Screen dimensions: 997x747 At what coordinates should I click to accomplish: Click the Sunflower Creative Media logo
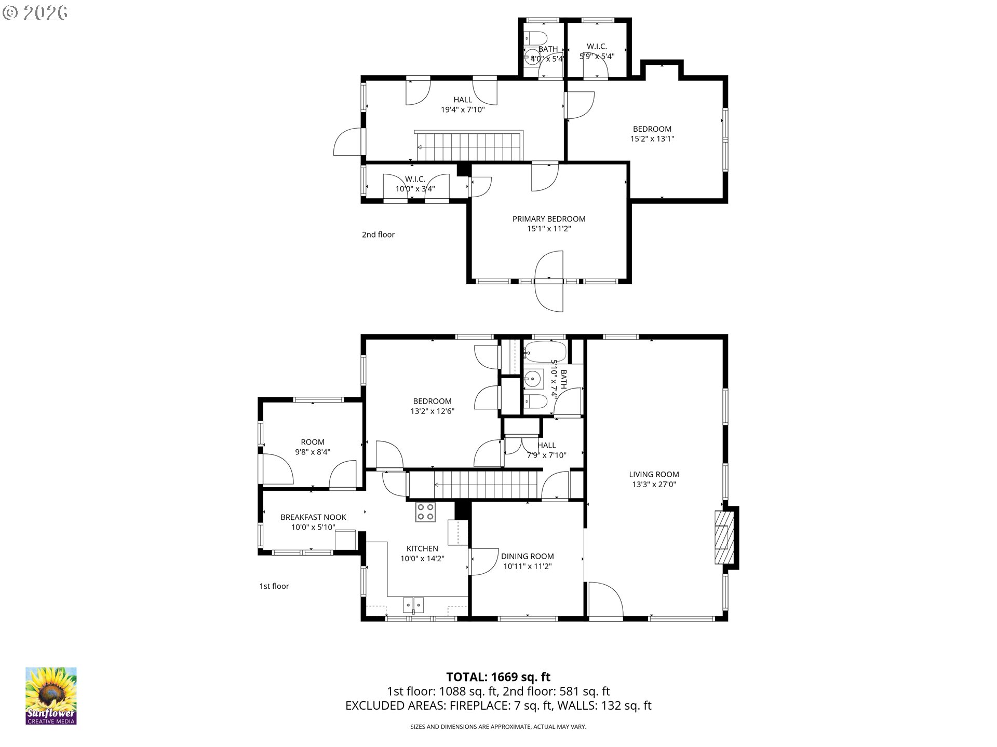click(51, 696)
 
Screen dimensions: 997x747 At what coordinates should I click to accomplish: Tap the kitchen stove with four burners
click(426, 513)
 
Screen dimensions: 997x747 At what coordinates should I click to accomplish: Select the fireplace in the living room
click(725, 537)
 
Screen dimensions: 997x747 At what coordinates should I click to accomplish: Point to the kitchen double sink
click(413, 604)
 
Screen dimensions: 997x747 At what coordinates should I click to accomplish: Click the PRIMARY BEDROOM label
click(549, 219)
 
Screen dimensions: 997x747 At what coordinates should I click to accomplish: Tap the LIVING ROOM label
click(654, 474)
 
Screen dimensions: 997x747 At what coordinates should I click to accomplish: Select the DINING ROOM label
click(527, 556)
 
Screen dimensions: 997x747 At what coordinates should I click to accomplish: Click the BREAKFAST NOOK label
click(313, 517)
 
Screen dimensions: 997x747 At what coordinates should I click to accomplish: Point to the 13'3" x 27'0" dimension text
click(654, 485)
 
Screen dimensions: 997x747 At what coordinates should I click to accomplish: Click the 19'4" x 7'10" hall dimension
click(463, 109)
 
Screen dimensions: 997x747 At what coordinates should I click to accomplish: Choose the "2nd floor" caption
click(378, 234)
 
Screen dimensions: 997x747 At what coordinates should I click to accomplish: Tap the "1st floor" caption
click(274, 586)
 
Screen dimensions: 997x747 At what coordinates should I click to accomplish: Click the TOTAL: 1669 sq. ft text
click(498, 677)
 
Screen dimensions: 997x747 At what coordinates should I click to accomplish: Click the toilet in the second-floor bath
click(536, 38)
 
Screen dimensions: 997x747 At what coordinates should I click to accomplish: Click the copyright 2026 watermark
click(35, 13)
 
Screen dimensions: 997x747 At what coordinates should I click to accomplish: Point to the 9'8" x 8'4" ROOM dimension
click(313, 452)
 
